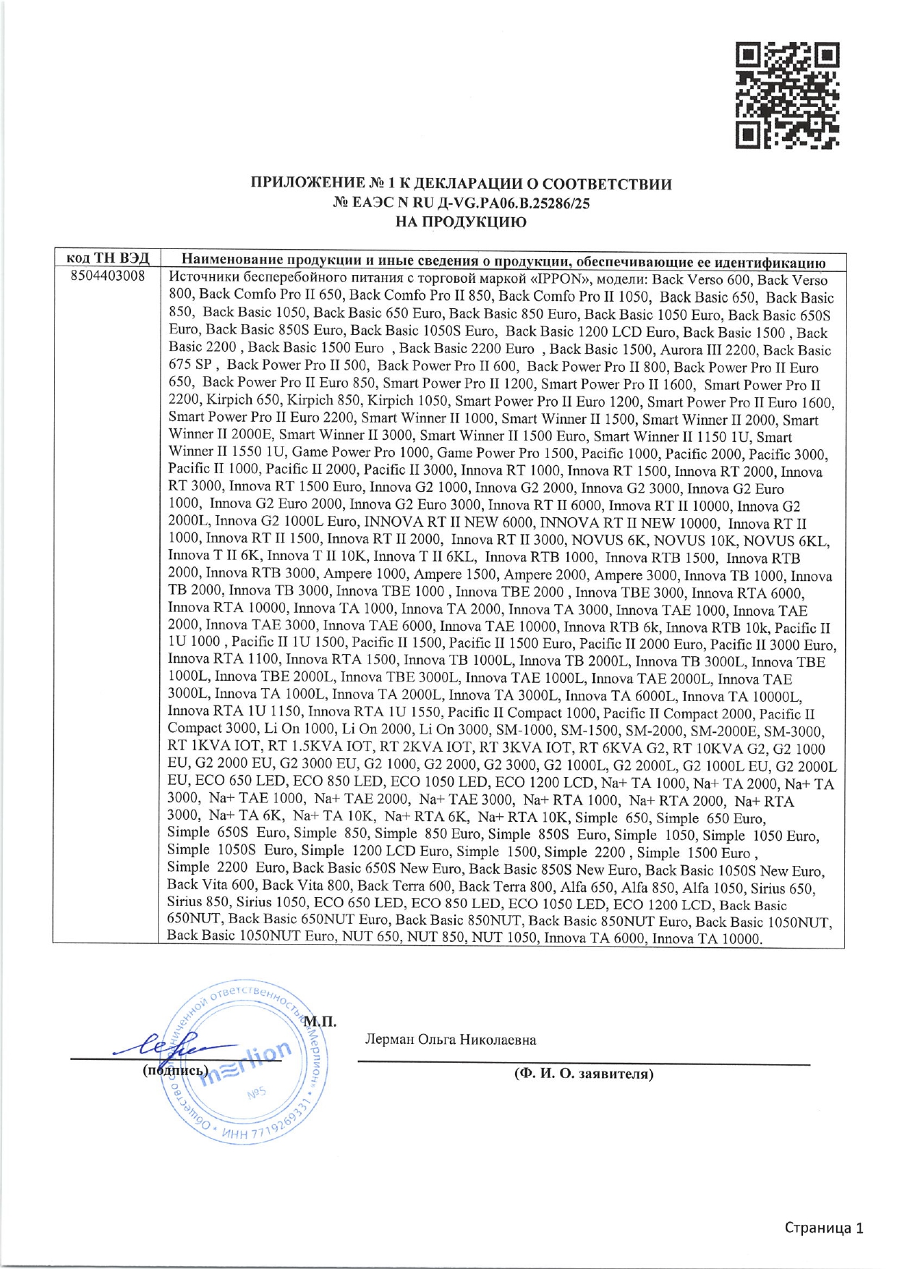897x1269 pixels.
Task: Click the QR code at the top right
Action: click(x=787, y=96)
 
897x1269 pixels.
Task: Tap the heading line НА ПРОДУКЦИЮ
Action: click(x=461, y=222)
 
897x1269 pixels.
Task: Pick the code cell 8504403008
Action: click(x=108, y=276)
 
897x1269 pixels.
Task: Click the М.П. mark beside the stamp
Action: click(x=319, y=1022)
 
